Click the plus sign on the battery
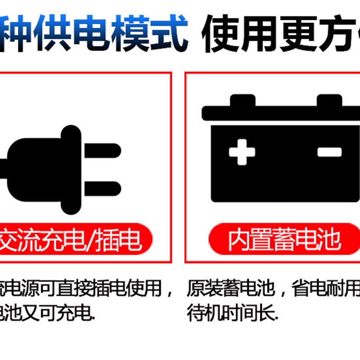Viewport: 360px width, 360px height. point(242,152)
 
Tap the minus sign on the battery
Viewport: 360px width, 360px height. point(329,152)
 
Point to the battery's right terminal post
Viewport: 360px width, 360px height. point(330,100)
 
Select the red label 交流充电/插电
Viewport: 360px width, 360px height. point(74,240)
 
